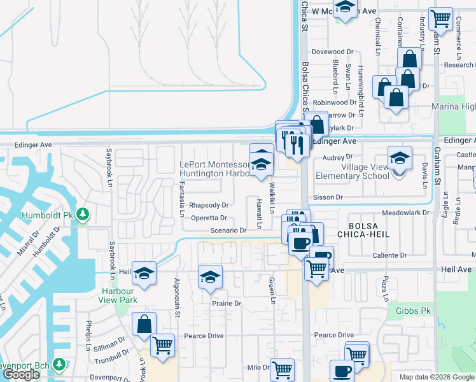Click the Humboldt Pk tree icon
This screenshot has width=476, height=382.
(82, 213)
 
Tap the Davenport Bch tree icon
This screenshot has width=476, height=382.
(59, 364)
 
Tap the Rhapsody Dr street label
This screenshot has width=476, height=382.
(209, 206)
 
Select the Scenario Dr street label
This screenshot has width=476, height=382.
(227, 230)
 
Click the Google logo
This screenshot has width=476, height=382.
(21, 374)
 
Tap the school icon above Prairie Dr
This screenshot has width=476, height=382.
(210, 277)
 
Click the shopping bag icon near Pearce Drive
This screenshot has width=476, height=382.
(144, 323)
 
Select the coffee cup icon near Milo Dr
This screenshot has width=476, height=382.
(341, 371)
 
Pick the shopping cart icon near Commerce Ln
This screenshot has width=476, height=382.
(440, 18)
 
